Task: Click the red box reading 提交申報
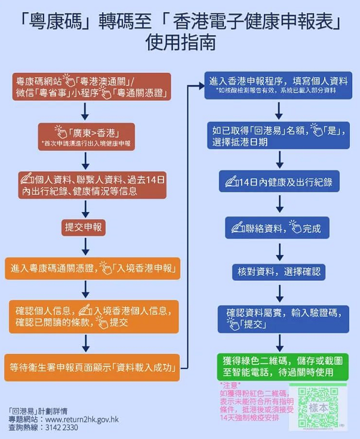[84, 227]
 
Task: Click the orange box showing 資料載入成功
[92, 365]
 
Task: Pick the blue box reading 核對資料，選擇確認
[279, 272]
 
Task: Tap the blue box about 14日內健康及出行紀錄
[279, 180]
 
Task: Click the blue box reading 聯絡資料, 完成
[279, 227]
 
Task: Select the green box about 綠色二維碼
[279, 365]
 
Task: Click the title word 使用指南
[180, 44]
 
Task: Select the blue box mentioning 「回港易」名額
[279, 136]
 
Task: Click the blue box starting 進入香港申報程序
[279, 86]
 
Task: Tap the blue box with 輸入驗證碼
[279, 318]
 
